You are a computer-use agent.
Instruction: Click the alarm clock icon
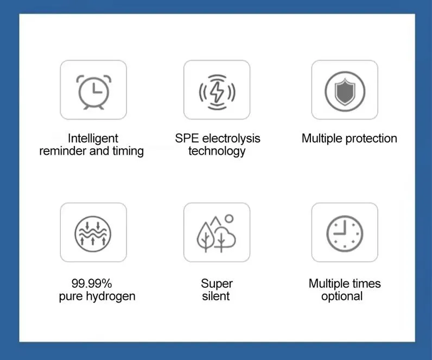93,90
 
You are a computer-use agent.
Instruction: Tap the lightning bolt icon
217,91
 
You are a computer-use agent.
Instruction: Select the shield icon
344,90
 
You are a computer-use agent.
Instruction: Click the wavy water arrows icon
93,233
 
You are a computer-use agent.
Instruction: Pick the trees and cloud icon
216,234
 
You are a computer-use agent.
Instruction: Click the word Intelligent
93,138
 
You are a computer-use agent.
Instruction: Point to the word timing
128,151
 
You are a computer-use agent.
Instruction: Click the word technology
217,151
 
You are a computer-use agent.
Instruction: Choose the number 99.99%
92,283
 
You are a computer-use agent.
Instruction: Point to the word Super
217,283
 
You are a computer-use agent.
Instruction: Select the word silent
216,296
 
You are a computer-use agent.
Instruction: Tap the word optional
342,296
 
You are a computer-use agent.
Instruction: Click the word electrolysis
231,138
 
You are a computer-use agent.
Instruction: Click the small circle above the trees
229,218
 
